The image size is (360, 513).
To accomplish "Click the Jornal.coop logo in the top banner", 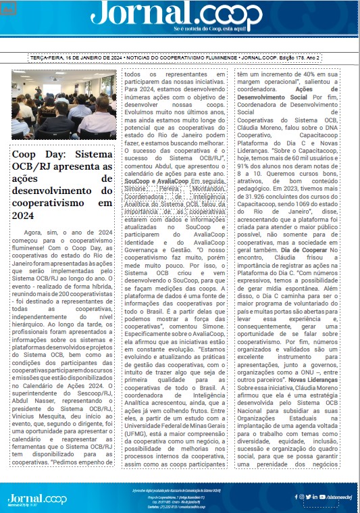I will point(180,14).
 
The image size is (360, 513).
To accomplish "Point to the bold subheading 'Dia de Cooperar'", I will point(319,249).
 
